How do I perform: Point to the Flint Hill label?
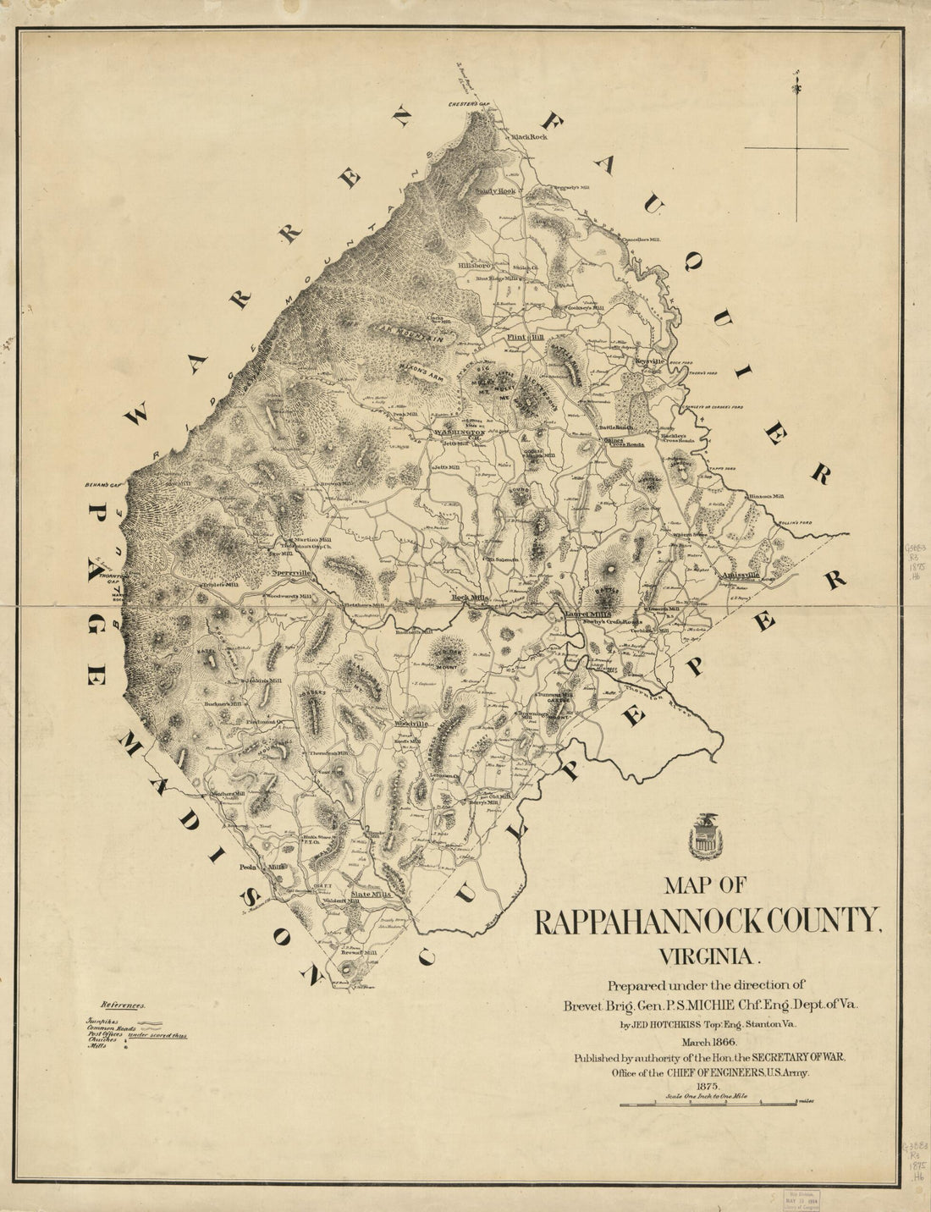pyautogui.click(x=524, y=338)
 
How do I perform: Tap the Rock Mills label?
pyautogui.click(x=470, y=598)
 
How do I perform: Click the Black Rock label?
pyautogui.click(x=528, y=136)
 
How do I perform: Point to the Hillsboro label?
pyautogui.click(x=475, y=265)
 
